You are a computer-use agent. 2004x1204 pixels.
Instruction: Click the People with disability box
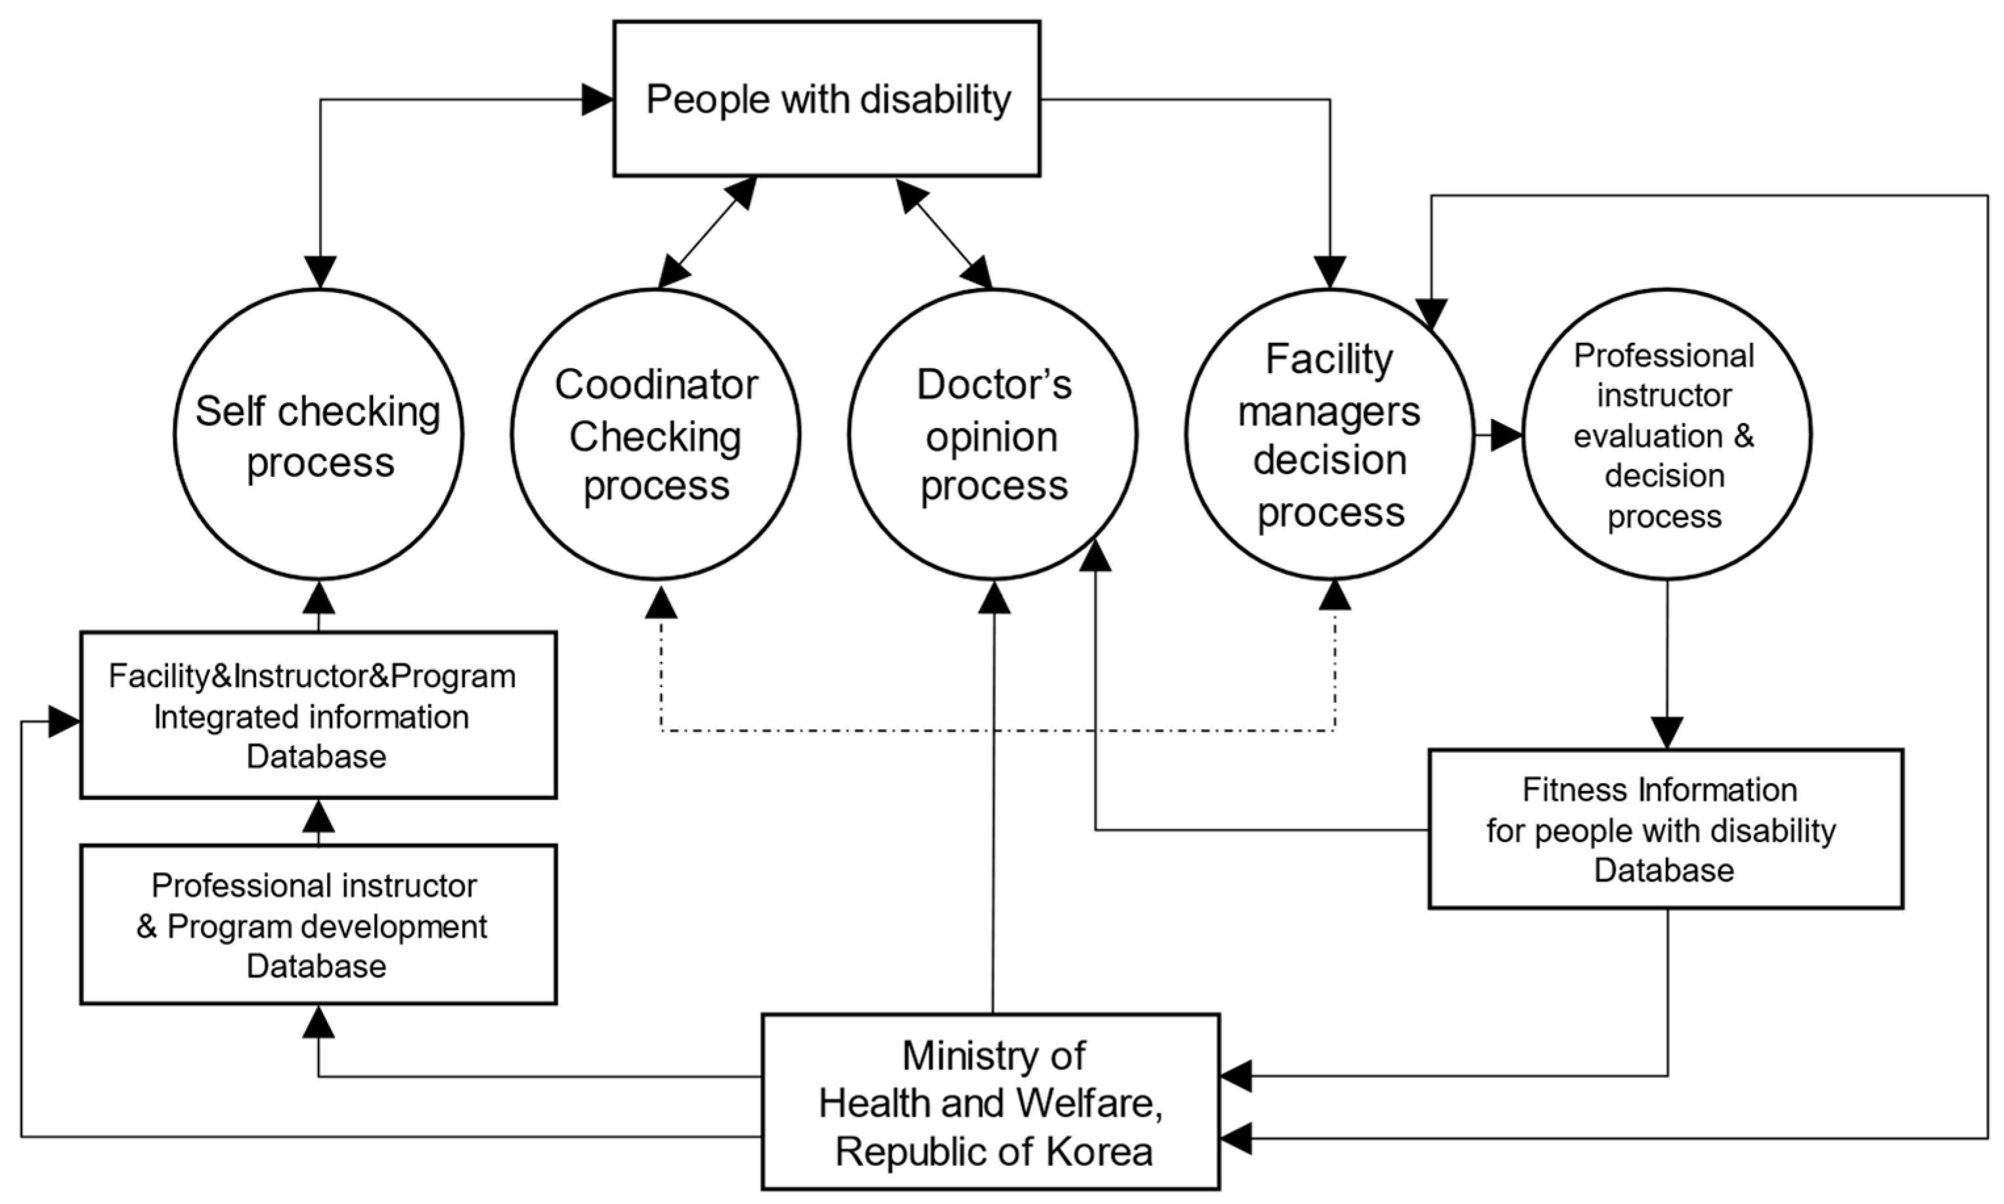point(827,99)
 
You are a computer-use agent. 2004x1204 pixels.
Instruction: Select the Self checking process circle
point(318,435)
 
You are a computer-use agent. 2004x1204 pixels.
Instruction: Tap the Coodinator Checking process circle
point(655,435)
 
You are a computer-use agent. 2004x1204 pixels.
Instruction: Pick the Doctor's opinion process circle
point(993,435)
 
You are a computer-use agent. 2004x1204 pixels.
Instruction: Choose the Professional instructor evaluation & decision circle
point(1666,435)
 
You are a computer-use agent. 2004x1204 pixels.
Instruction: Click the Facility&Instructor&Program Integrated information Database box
point(318,715)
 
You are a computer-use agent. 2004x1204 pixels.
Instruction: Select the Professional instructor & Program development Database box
point(318,925)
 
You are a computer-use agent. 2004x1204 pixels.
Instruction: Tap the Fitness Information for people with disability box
point(1665,829)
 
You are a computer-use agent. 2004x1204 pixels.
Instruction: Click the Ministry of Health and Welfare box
point(990,1102)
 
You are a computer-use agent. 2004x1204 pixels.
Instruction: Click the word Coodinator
point(655,384)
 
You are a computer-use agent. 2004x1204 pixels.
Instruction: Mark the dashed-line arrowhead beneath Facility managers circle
point(1335,594)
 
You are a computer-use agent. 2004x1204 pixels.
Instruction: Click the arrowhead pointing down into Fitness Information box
point(1667,732)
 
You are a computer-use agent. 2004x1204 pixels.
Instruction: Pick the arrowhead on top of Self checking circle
point(320,272)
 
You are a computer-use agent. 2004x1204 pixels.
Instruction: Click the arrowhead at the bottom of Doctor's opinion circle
point(994,597)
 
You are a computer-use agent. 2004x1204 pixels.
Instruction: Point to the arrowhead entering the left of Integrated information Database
point(64,721)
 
